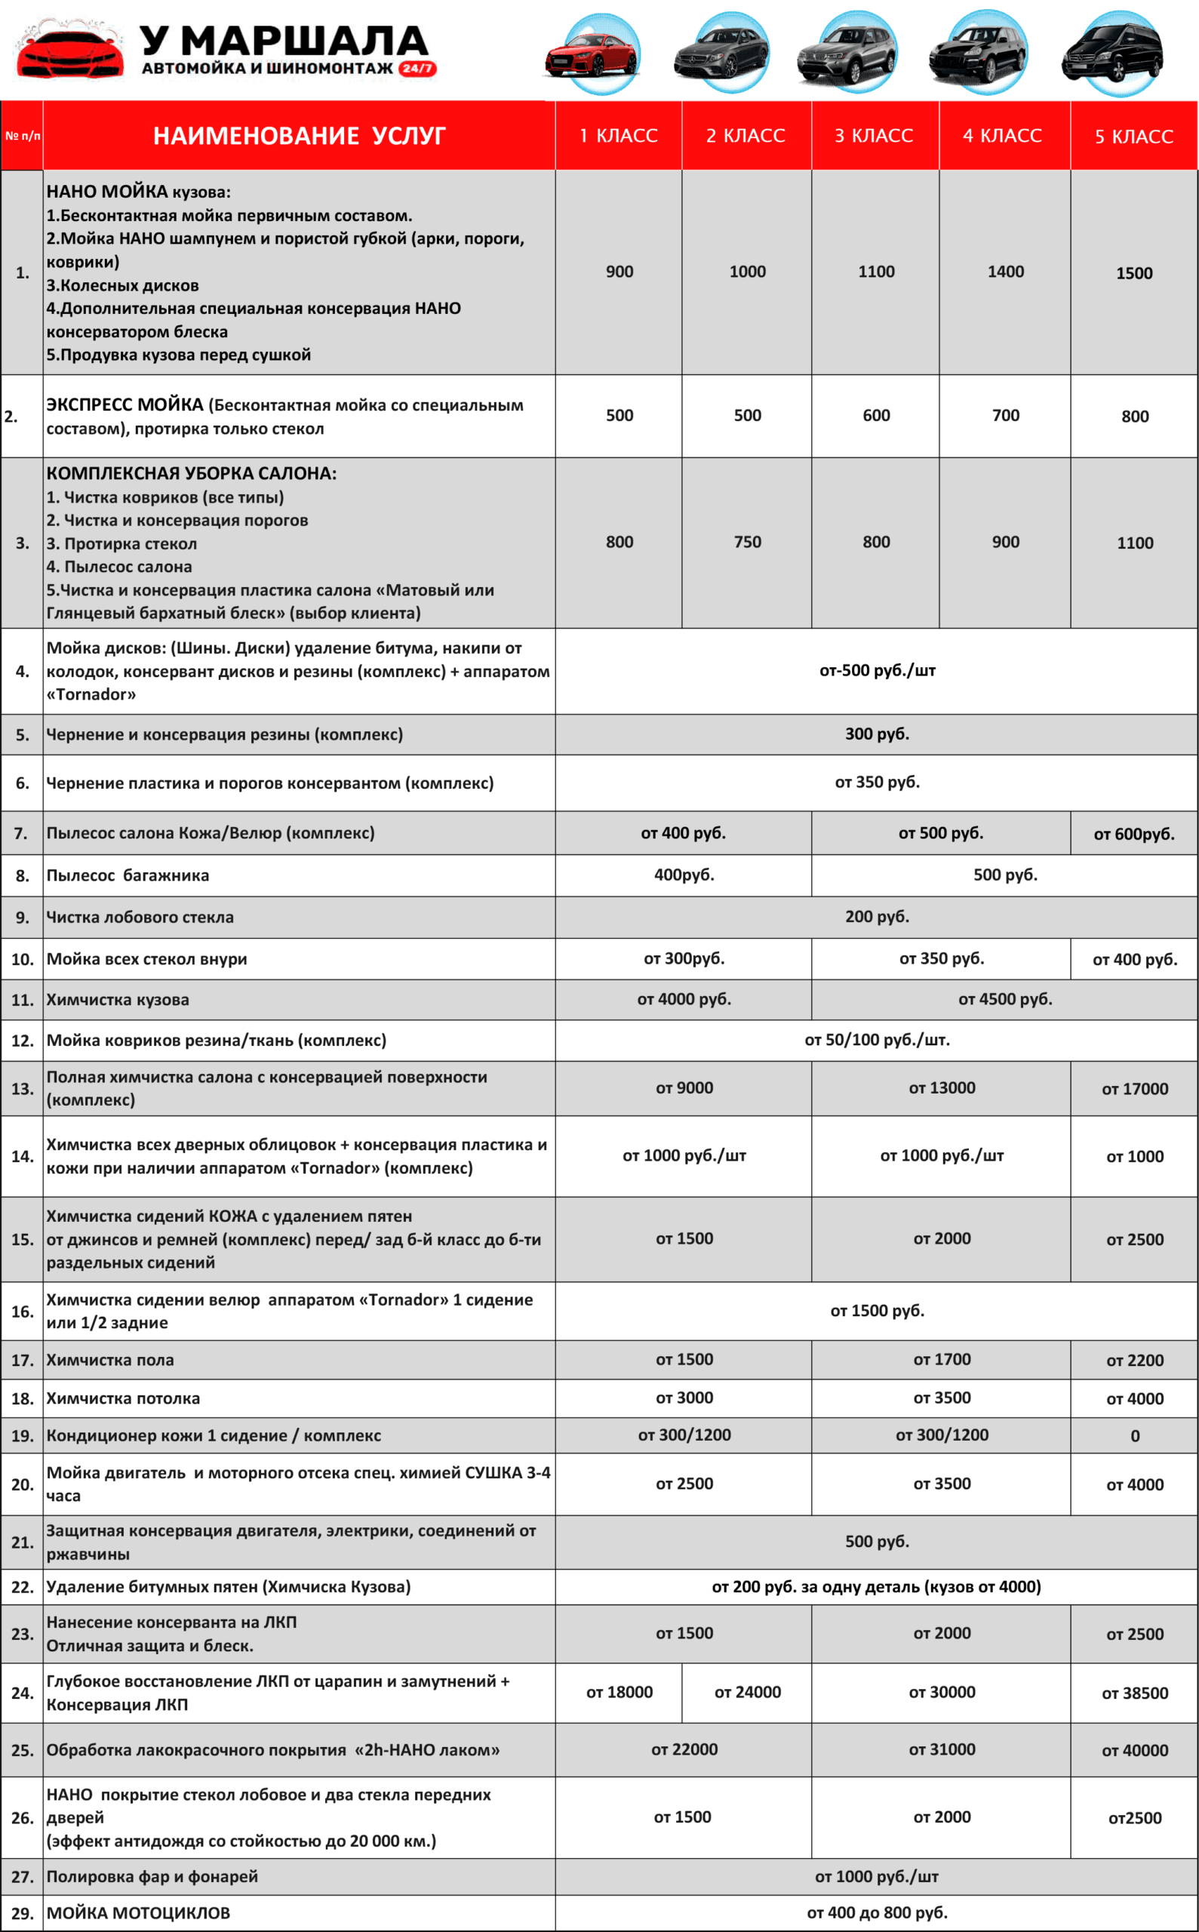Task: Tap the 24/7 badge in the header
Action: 417,69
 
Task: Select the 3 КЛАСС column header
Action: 874,136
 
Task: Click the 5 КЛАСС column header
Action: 1134,137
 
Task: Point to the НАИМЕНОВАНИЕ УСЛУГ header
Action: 299,136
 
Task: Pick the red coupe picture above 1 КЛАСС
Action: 592,54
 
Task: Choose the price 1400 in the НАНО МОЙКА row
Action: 1006,272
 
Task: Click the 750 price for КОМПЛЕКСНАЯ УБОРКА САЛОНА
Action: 747,543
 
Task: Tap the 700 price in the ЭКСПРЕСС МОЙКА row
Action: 1006,416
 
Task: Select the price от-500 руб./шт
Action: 877,671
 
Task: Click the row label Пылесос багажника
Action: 128,875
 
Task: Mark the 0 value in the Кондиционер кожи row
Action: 1135,1436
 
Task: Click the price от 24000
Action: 747,1693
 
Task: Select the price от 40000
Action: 1135,1750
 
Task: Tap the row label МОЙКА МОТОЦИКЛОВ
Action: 138,1913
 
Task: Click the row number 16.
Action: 22,1312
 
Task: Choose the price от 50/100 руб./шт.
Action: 877,1040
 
